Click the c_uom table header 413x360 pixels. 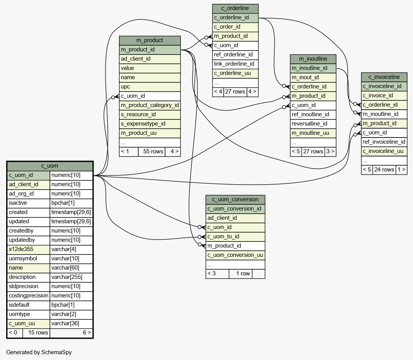pos(50,166)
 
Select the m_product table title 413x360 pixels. pos(150,40)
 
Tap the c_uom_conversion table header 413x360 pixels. pos(235,199)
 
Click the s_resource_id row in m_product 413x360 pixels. pos(138,115)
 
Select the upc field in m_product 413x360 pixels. pos(126,87)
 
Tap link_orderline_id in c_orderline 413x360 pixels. pos(234,64)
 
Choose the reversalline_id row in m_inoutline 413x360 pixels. pos(309,124)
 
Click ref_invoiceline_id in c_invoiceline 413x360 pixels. pos(384,142)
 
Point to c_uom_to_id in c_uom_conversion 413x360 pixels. pos(223,236)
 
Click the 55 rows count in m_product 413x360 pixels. pos(153,151)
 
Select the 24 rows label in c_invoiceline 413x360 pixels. pos(384,170)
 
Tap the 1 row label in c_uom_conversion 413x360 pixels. pos(243,273)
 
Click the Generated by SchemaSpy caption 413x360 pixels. pos(39,352)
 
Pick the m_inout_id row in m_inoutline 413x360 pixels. pos(305,77)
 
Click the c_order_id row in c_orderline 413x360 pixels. pos(227,27)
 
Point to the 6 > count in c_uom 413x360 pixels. pos(87,333)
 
